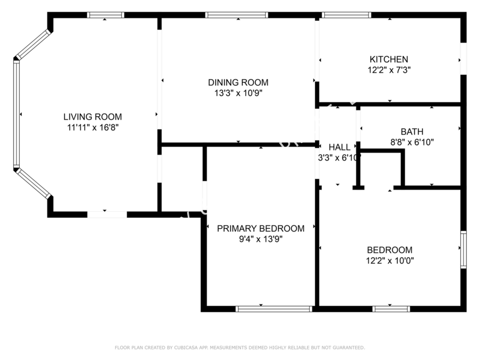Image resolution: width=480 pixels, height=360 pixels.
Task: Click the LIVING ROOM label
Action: coord(92,117)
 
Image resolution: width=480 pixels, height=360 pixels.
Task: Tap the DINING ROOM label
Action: coord(238,83)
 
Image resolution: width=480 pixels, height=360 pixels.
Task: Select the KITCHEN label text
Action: coord(389,59)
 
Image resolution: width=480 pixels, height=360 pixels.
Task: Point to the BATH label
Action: coord(412,132)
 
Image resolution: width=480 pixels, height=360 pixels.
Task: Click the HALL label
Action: coord(339,147)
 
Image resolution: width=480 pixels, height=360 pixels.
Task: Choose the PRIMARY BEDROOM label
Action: coord(260,229)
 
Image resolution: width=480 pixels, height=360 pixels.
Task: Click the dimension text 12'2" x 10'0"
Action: coord(389,261)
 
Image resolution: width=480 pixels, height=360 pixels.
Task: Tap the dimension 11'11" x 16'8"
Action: coord(92,127)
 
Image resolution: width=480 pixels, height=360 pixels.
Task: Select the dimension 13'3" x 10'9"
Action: coord(238,93)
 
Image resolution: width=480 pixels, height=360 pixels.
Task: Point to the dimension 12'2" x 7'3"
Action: coord(389,69)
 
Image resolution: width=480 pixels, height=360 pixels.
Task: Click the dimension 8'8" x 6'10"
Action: coord(412,142)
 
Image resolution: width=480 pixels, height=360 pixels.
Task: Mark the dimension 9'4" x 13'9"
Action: coord(260,239)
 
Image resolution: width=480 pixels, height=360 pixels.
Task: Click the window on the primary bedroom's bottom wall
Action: coord(274,308)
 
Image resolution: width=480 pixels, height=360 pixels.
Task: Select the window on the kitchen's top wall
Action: coord(347,15)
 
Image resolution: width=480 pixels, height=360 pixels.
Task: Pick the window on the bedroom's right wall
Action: coord(463,249)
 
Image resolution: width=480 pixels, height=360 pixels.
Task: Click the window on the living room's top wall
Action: coord(106,15)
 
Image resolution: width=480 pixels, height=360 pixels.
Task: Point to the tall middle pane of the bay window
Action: coord(16,115)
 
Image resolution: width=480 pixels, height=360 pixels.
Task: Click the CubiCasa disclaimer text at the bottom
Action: coord(240,348)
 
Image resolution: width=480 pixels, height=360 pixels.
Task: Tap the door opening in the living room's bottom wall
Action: coord(107,214)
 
